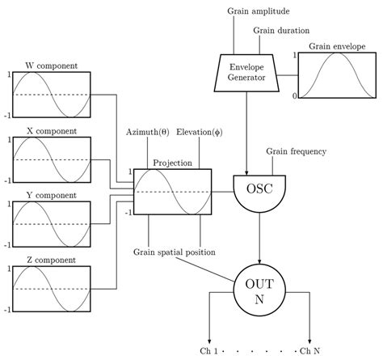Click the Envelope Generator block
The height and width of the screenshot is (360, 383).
point(248,72)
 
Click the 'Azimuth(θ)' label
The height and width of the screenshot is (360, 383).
point(148,132)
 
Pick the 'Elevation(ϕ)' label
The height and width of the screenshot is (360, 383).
point(199,132)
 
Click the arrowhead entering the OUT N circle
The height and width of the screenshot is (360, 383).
point(259,260)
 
